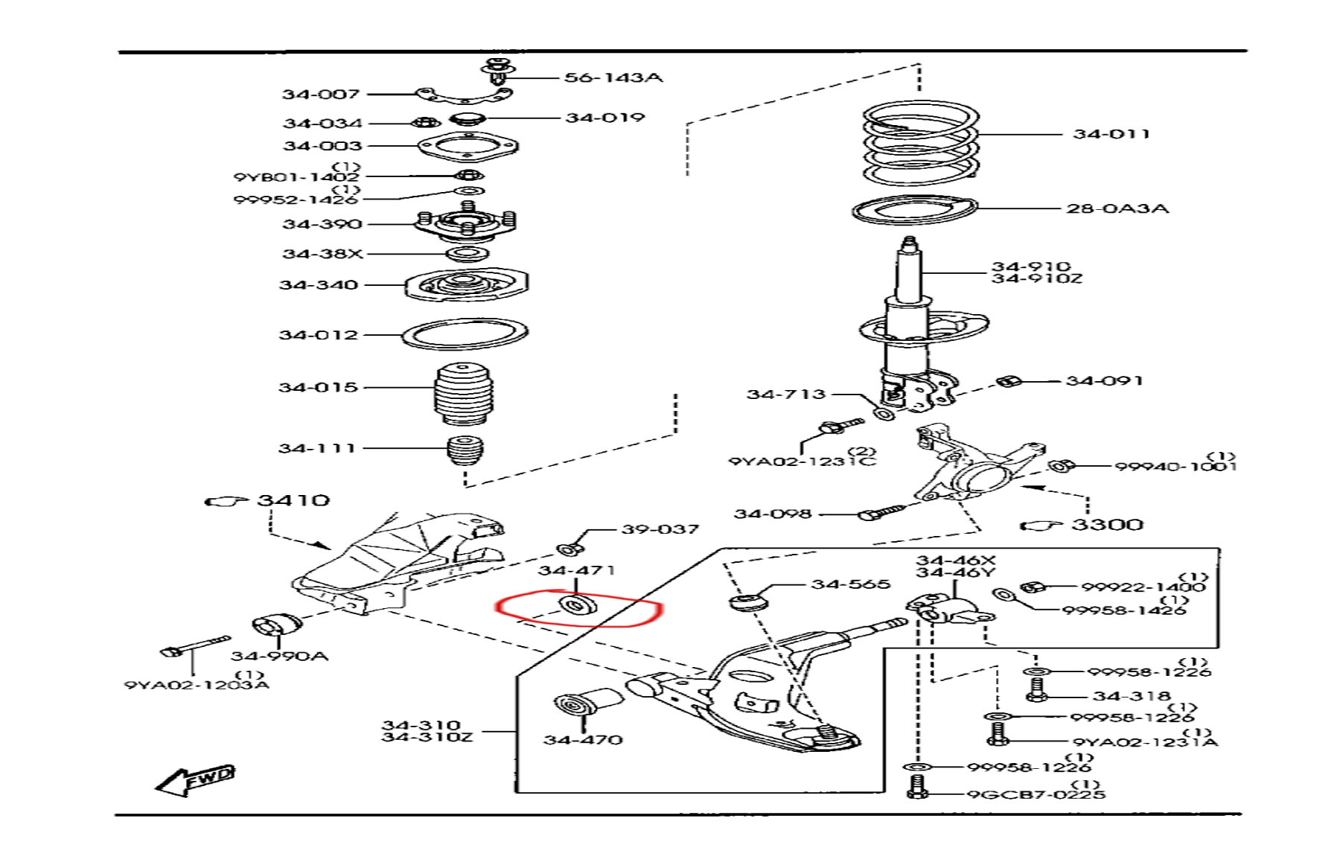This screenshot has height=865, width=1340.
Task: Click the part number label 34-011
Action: click(1111, 134)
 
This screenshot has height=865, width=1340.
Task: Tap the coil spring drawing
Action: click(921, 143)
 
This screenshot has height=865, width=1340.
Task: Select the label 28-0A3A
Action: click(1117, 208)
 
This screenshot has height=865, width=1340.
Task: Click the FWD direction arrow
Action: click(195, 779)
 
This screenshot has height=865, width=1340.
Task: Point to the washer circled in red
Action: click(575, 605)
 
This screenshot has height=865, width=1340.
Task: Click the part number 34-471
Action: click(576, 571)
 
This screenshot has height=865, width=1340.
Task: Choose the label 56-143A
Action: click(613, 77)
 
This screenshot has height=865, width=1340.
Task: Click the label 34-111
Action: click(316, 448)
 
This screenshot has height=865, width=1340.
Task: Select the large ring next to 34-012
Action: click(465, 333)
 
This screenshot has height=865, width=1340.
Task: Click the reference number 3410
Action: click(293, 500)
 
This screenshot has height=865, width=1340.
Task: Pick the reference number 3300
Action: click(1107, 525)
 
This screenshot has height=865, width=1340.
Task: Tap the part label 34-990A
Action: click(279, 656)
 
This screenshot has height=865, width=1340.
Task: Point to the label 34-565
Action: click(850, 584)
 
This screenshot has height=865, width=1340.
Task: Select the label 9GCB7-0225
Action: click(1036, 794)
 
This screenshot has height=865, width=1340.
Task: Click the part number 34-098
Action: click(772, 514)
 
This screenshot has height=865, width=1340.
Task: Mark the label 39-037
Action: click(660, 529)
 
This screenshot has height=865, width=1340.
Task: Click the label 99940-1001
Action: click(1175, 467)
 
